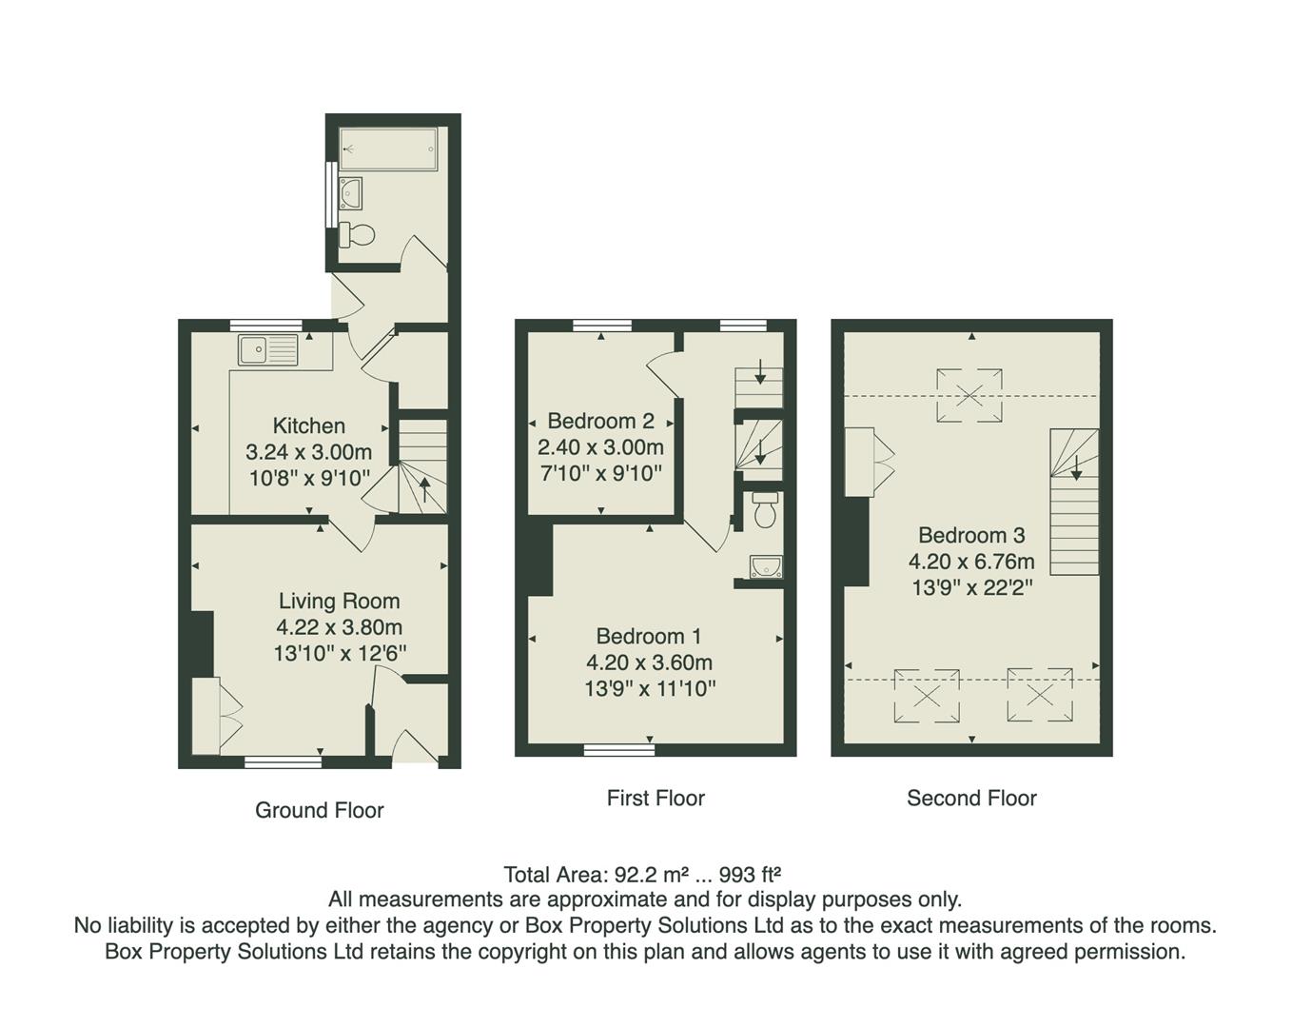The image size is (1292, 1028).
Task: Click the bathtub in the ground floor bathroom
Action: [388, 148]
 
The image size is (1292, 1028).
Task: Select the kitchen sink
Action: [268, 350]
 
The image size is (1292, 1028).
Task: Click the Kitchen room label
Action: [308, 425]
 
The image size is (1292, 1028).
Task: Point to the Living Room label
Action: [339, 601]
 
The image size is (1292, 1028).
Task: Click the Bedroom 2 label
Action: [600, 421]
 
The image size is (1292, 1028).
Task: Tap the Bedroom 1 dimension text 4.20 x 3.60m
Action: [650, 662]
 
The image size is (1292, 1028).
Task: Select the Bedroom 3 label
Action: [971, 535]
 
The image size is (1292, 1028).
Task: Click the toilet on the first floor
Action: [765, 510]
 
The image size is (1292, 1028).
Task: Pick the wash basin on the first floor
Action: [765, 568]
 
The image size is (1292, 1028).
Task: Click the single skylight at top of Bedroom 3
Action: [969, 394]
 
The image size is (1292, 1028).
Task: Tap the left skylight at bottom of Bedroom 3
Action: [926, 695]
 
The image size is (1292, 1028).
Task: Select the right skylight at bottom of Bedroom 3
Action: [1040, 695]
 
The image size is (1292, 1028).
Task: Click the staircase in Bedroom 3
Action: [1074, 501]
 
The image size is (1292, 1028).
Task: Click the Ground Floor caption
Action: [319, 810]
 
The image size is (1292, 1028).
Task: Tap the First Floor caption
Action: [656, 798]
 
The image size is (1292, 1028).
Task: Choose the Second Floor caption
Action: [971, 798]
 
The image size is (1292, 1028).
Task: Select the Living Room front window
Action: [283, 761]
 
